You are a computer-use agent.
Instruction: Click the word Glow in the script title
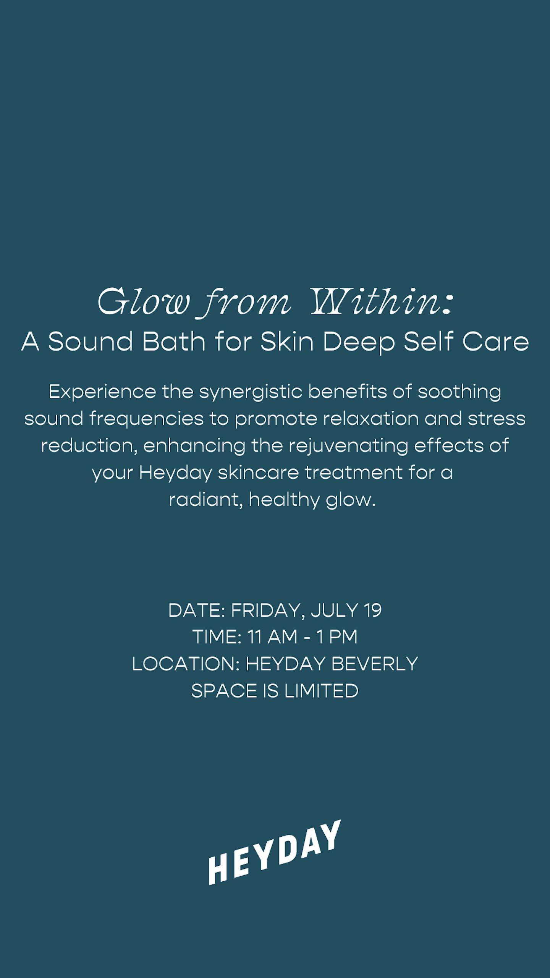click(x=143, y=302)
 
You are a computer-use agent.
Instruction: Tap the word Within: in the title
click(x=382, y=302)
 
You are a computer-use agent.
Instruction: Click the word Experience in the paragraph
click(x=102, y=392)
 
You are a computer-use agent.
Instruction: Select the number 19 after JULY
click(x=373, y=610)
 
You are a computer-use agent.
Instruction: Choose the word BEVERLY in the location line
click(x=375, y=664)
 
